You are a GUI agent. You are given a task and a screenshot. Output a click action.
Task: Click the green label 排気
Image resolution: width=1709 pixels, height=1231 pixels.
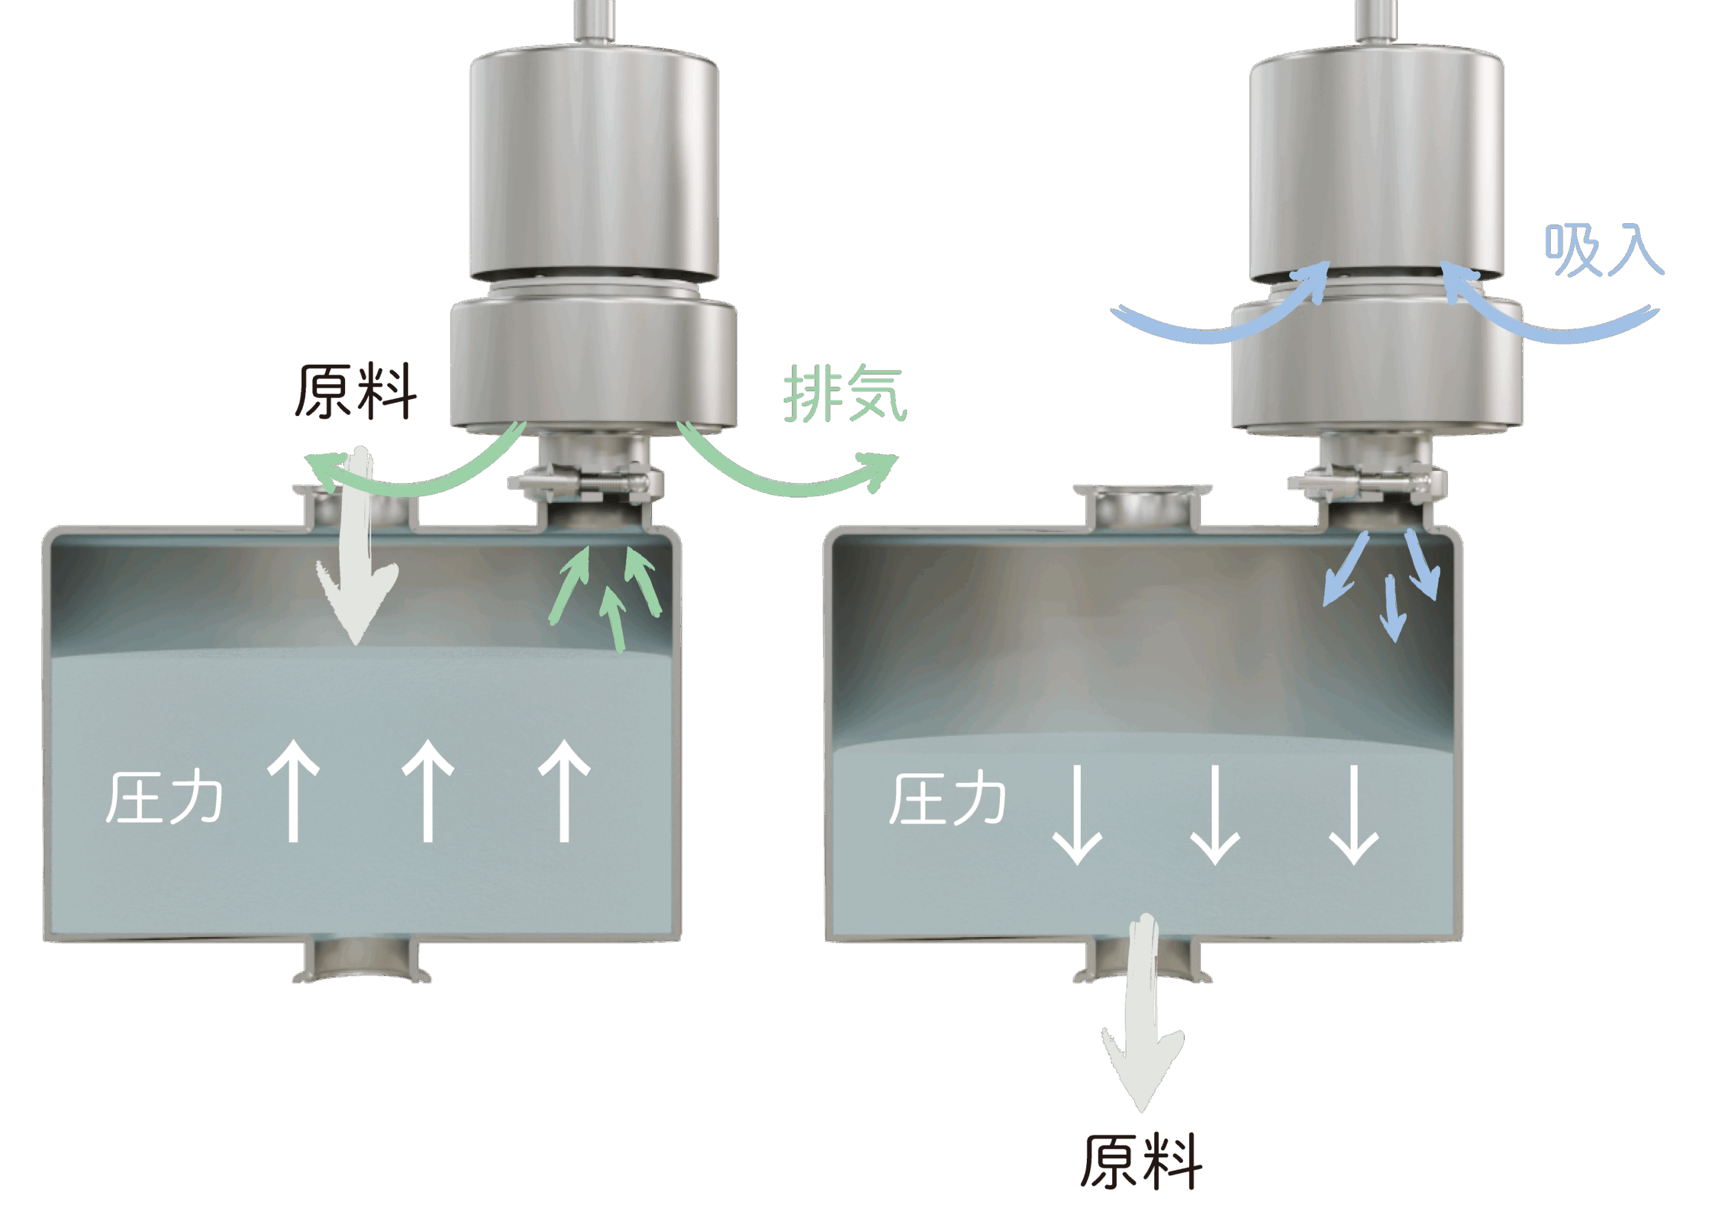[844, 393]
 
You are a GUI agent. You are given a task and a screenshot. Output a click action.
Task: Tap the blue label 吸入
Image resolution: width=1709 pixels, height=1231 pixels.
[1603, 250]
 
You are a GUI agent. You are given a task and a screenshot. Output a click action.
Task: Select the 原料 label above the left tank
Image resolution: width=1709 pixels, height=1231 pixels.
[355, 391]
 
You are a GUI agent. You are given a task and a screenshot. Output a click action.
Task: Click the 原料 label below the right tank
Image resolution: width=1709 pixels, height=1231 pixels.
[1142, 1163]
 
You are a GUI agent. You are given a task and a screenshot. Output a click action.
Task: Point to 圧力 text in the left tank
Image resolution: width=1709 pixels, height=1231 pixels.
[164, 798]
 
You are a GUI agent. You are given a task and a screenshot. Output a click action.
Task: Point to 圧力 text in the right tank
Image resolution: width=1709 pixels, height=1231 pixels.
[947, 799]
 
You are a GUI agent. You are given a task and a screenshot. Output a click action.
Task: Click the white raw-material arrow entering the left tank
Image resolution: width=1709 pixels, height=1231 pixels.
[357, 558]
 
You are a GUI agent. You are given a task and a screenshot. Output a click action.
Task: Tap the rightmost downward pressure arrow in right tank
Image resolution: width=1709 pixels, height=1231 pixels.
[1354, 814]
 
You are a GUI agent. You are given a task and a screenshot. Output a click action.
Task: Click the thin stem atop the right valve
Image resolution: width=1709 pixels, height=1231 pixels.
[1375, 19]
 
